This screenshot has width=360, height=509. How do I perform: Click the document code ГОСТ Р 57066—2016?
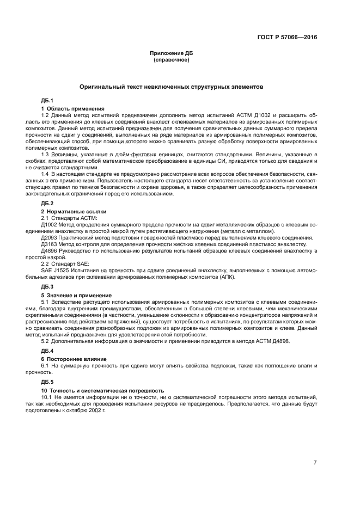coord(287,38)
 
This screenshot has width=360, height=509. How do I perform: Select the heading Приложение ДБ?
coord(171,53)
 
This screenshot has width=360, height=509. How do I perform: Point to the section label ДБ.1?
coord(47,101)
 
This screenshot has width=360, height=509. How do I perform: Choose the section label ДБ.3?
coord(47,286)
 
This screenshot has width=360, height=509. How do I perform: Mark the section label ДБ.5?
coord(47,382)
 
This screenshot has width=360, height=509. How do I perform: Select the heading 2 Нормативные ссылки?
coord(74,211)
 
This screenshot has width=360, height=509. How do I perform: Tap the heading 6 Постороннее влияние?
coord(74,359)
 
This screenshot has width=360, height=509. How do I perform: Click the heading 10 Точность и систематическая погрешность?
coord(102,390)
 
